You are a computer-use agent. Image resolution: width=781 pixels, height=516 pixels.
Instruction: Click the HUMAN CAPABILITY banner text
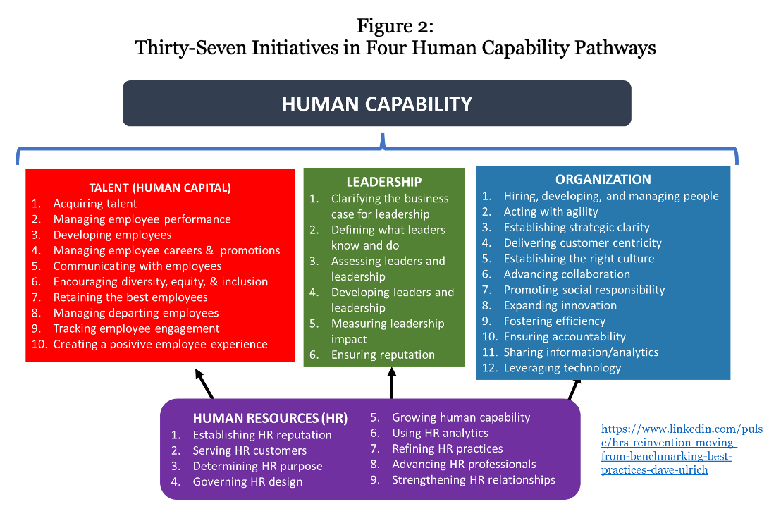tap(377, 104)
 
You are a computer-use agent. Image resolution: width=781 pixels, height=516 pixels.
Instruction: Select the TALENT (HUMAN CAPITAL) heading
tap(160, 188)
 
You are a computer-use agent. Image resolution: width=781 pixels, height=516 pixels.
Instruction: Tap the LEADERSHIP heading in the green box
tap(384, 182)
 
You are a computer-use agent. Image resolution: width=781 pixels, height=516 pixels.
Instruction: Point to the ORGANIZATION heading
tap(603, 179)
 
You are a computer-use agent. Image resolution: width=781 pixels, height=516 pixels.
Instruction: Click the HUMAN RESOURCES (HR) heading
tap(271, 418)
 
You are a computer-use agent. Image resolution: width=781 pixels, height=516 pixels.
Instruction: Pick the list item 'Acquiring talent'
tap(95, 204)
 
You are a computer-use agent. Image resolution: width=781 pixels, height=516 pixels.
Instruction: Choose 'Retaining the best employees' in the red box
tap(130, 297)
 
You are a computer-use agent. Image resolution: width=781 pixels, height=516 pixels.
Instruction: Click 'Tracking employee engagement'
tap(137, 328)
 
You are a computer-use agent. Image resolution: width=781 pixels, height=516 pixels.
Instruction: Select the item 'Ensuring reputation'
tap(383, 355)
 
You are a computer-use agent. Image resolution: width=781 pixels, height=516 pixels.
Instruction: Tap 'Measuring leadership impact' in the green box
tap(388, 331)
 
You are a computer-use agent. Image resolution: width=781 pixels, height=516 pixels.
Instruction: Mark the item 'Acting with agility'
tap(551, 211)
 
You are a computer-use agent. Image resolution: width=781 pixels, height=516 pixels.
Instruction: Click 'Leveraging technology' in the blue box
tap(562, 368)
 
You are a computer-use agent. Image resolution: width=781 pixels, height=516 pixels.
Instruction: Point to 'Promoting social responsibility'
tap(584, 290)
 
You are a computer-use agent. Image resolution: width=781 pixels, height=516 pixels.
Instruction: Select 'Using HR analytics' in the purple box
tap(441, 433)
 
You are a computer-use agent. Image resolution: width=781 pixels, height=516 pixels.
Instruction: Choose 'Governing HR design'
tap(247, 481)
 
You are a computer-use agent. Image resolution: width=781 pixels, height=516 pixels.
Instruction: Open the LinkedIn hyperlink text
tap(682, 449)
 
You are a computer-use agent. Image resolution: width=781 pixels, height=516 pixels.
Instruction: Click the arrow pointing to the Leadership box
tap(392, 383)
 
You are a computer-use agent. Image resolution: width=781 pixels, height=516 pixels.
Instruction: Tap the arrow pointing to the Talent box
tap(204, 384)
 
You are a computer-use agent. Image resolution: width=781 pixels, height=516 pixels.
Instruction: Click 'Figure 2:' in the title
tap(395, 26)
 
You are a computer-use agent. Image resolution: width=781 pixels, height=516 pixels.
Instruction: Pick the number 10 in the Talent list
tap(39, 344)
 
